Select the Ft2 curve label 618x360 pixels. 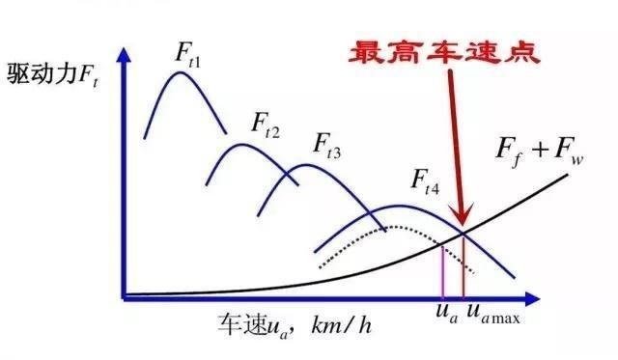[x=266, y=123]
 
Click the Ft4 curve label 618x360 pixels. [x=425, y=181]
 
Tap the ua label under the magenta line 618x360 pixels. [x=442, y=314]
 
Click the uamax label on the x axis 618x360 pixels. [x=492, y=315]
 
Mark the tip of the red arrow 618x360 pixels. [x=463, y=228]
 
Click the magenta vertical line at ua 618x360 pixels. [x=442, y=269]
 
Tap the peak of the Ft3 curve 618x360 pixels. [x=305, y=165]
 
